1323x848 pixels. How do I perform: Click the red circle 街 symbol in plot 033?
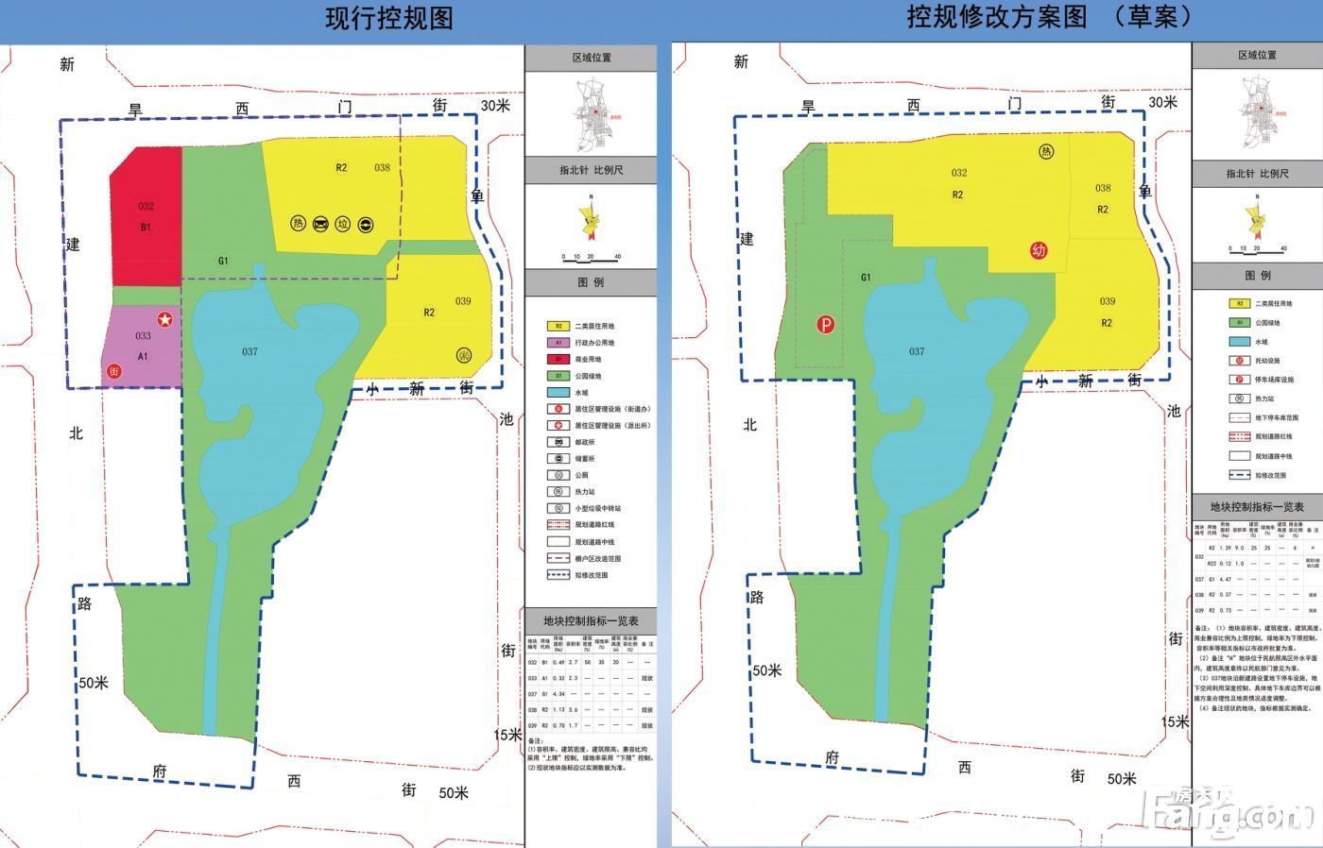(x=115, y=372)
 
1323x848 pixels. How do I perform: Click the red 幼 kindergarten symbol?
(x=1039, y=250)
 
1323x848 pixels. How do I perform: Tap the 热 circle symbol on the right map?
(x=1045, y=152)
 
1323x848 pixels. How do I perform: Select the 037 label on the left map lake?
(x=249, y=352)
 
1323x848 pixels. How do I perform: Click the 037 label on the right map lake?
(x=916, y=351)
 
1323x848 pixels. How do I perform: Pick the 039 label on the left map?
(x=463, y=301)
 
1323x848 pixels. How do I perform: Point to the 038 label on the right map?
(x=1103, y=188)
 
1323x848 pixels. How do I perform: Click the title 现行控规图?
(x=388, y=19)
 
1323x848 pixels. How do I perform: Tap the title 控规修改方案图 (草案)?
(x=1049, y=17)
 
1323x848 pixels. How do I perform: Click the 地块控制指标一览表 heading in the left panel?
(x=591, y=620)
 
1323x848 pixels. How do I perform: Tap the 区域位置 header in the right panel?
(x=1257, y=56)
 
